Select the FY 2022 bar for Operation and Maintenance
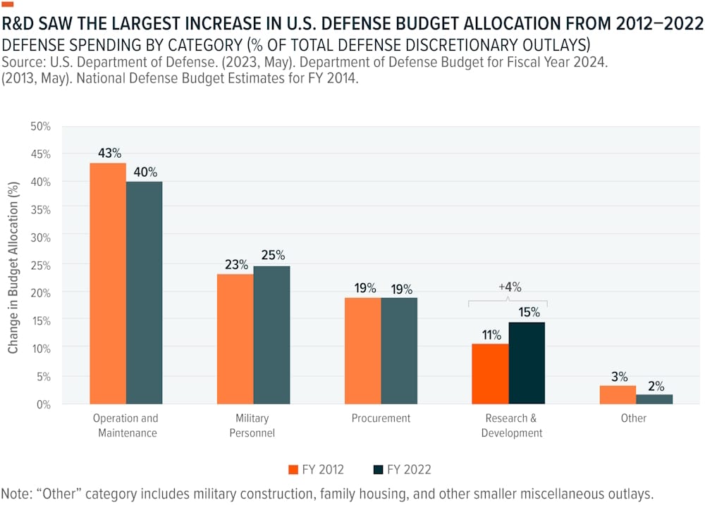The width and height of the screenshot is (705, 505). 144,292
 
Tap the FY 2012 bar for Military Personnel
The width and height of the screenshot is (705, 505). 235,339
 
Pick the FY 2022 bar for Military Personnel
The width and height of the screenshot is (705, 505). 271,335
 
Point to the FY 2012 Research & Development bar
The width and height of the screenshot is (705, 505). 490,373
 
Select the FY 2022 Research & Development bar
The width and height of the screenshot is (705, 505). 527,363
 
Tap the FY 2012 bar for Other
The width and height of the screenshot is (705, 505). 618,394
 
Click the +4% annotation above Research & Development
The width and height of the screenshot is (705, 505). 508,287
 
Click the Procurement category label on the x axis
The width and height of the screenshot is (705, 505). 381,418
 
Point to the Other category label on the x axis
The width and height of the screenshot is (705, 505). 633,418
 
